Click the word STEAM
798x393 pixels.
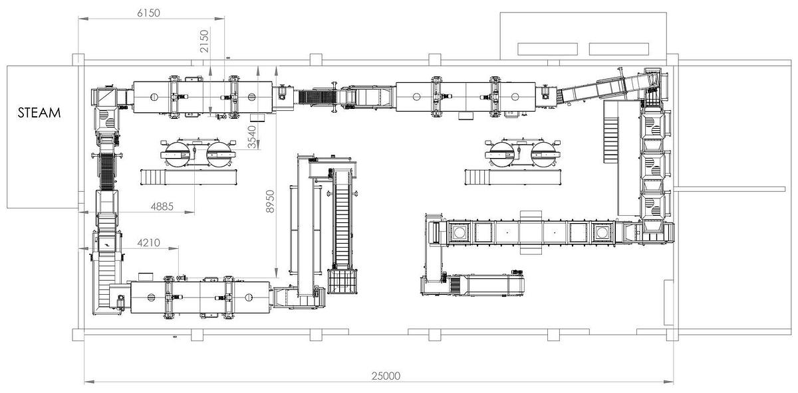[39, 113]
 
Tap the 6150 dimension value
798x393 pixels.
[148, 13]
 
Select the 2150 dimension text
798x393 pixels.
[205, 41]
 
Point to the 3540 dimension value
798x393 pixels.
[251, 137]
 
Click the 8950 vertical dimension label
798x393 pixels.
[271, 202]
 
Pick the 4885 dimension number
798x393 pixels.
[162, 206]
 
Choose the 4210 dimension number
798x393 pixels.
[148, 243]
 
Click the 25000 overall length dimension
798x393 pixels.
[386, 376]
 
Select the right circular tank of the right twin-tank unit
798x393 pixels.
[544, 155]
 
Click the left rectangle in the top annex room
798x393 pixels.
[547, 49]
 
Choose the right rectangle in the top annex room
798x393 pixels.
[619, 49]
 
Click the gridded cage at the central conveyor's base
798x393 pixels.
[342, 281]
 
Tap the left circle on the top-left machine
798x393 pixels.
[154, 97]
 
